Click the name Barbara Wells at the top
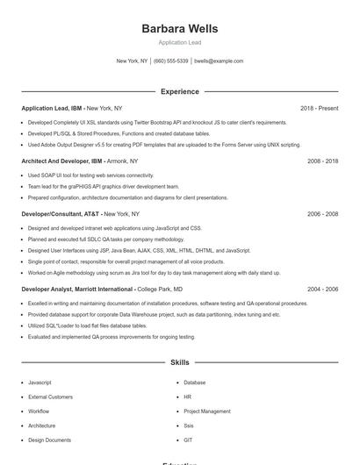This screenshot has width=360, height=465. click(x=179, y=28)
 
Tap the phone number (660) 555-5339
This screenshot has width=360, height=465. click(x=171, y=61)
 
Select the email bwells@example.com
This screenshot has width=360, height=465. click(x=219, y=61)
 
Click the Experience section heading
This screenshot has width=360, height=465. click(x=179, y=91)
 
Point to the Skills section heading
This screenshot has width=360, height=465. click(x=179, y=361)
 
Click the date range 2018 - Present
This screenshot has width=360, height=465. click(x=319, y=108)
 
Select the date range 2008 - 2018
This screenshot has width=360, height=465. click(x=322, y=161)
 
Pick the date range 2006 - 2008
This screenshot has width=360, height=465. click(x=322, y=213)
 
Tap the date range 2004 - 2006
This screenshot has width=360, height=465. click(x=322, y=289)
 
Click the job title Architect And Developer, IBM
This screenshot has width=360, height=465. click(x=61, y=161)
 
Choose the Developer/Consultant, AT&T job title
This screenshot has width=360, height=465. click(x=61, y=213)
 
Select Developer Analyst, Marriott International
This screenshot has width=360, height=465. click(x=77, y=289)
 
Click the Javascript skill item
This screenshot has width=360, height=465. click(x=40, y=383)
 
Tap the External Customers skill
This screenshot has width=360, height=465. click(x=50, y=397)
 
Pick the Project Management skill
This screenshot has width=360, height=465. click(x=207, y=411)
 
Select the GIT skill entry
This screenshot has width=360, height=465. click(x=188, y=440)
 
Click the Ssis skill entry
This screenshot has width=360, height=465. click(x=188, y=426)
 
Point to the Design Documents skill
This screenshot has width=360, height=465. click(x=49, y=440)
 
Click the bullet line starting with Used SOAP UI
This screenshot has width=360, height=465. click(x=90, y=175)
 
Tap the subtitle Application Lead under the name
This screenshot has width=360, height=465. click(x=179, y=42)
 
